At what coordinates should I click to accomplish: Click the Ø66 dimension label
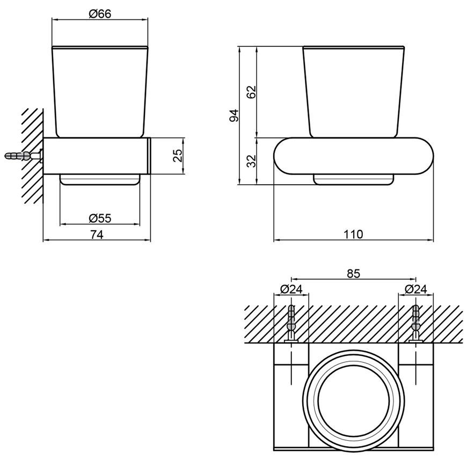tap(100, 14)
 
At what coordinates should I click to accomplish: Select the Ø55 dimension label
tap(100, 218)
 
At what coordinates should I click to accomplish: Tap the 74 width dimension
tap(97, 235)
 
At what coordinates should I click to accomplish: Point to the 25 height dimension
tap(178, 156)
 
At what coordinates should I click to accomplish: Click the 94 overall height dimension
tap(234, 115)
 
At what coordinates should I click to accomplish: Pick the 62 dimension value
tap(251, 92)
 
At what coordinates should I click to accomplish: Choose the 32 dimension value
tap(251, 161)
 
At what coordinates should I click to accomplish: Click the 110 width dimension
tap(354, 234)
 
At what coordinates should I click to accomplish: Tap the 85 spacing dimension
tap(354, 273)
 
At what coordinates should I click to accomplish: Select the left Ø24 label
tap(291, 289)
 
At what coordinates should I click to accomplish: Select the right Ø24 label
tap(416, 289)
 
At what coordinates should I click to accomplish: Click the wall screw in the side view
tap(23, 156)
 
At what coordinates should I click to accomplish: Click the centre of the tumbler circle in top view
tap(354, 399)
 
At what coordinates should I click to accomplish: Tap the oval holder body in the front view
tap(354, 156)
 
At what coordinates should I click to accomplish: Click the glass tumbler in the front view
tap(354, 92)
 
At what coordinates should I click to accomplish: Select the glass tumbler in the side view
tap(100, 92)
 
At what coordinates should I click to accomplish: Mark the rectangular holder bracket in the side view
tap(97, 156)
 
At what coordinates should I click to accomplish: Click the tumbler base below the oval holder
tap(354, 180)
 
